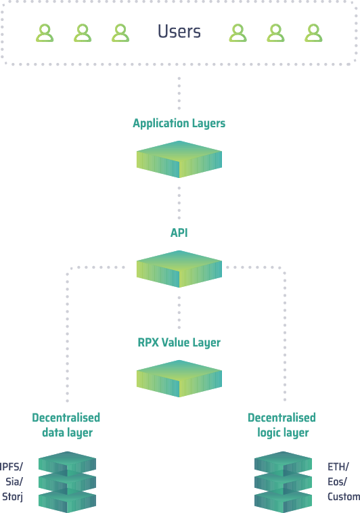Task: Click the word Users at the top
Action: coord(179,32)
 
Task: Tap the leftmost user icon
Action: coord(45,33)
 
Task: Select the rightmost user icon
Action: coord(313,33)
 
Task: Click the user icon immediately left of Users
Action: coord(120,33)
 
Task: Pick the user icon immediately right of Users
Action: coord(238,33)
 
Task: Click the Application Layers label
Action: coord(179,124)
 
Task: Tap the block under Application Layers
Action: coord(179,159)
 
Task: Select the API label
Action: coord(179,233)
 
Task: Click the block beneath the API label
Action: coord(179,269)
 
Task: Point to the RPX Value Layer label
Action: coord(179,343)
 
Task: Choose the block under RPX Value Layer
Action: coord(179,378)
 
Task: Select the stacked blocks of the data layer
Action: coord(68,482)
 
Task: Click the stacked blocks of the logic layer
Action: coord(283,482)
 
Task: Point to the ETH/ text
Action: coord(338,467)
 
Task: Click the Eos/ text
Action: coord(337,482)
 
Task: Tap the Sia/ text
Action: coord(14,482)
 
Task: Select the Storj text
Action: coord(12,497)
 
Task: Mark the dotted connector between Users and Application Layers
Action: coord(179,93)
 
